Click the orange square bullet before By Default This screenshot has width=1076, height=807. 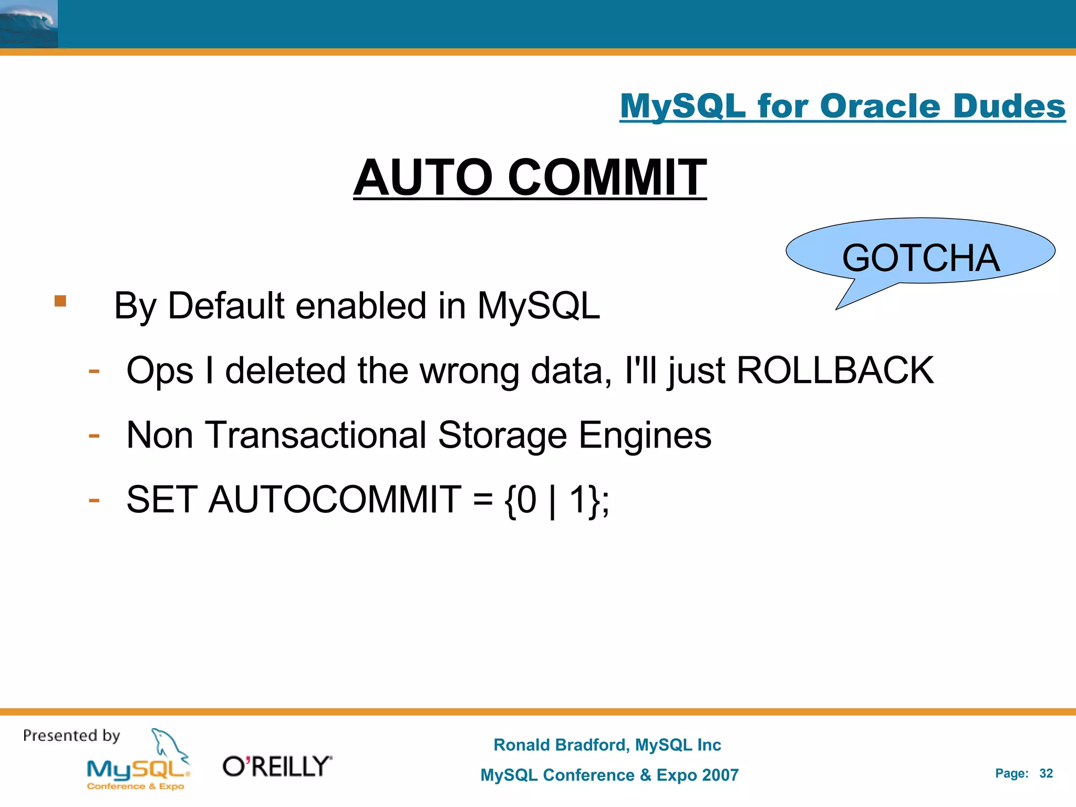tap(60, 301)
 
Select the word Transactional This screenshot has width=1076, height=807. tap(315, 435)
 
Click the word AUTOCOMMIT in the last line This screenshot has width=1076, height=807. tap(335, 499)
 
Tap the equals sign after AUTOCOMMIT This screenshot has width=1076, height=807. tap(482, 500)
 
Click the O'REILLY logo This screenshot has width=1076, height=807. tap(277, 767)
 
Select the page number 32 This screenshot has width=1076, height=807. tap(1046, 773)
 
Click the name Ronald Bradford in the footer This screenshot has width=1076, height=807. tap(560, 745)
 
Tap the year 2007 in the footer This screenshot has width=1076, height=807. tap(720, 775)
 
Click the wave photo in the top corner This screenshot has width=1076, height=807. tap(29, 24)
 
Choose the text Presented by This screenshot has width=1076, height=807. tap(71, 736)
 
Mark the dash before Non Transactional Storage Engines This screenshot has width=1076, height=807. tap(94, 436)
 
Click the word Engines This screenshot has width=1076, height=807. tap(645, 435)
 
